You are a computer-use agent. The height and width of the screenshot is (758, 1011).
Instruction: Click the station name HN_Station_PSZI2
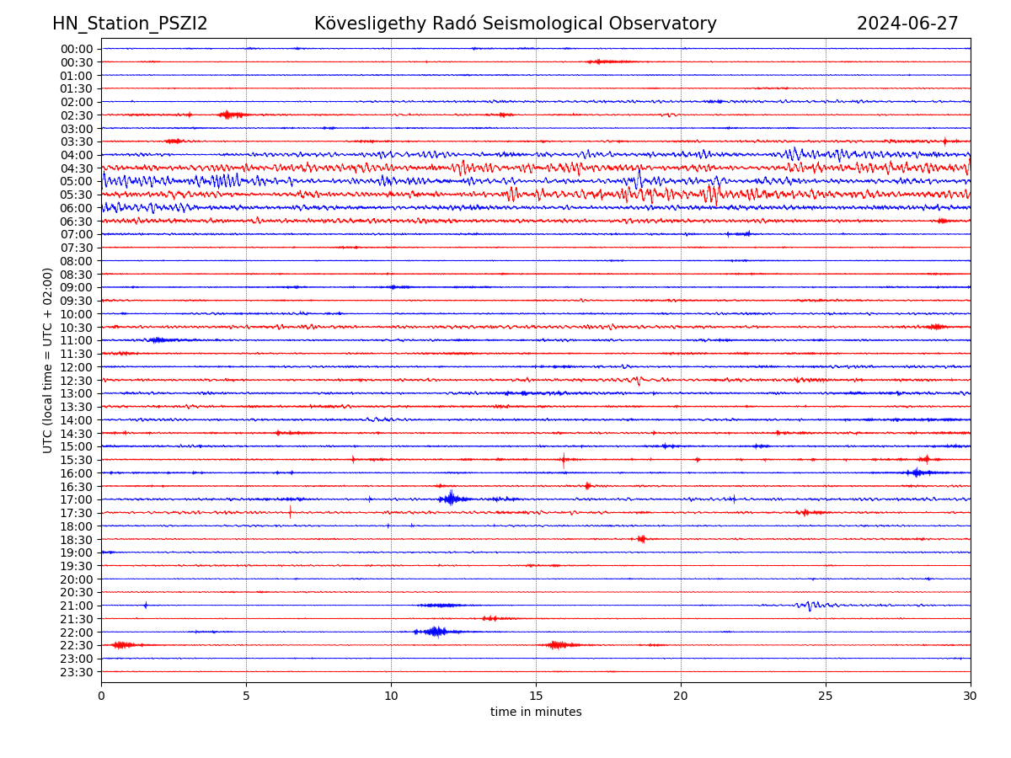tap(130, 24)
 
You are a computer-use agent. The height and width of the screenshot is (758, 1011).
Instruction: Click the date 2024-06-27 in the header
tap(907, 24)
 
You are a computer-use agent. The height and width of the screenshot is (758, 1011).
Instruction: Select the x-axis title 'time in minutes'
tap(536, 713)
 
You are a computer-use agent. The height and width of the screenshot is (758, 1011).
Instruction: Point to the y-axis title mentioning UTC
tap(48, 360)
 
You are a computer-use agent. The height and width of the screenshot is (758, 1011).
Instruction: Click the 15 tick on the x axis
tap(536, 696)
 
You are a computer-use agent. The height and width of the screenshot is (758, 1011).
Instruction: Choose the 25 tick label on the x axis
tap(826, 696)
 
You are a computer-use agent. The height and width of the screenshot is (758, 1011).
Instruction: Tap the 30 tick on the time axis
tap(971, 696)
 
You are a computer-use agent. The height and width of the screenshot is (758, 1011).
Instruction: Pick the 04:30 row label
tap(77, 168)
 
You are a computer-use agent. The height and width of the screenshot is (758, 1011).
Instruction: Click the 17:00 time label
tap(77, 499)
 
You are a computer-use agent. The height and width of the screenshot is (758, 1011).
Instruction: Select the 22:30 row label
tap(77, 645)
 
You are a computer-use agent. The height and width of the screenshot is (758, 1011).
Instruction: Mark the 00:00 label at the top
tap(77, 49)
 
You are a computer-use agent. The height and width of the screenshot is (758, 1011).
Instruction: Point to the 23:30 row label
tap(77, 672)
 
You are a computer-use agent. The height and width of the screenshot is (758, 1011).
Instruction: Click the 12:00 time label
tap(77, 367)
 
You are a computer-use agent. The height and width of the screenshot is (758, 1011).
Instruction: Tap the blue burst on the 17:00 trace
tap(451, 499)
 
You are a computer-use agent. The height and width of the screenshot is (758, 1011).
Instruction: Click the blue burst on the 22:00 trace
tap(435, 632)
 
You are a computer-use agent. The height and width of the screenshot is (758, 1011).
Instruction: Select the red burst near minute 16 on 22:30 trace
tap(557, 645)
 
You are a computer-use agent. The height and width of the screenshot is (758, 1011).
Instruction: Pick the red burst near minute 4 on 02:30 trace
tap(230, 115)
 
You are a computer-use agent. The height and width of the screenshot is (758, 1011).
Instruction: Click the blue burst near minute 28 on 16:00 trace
tap(917, 472)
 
